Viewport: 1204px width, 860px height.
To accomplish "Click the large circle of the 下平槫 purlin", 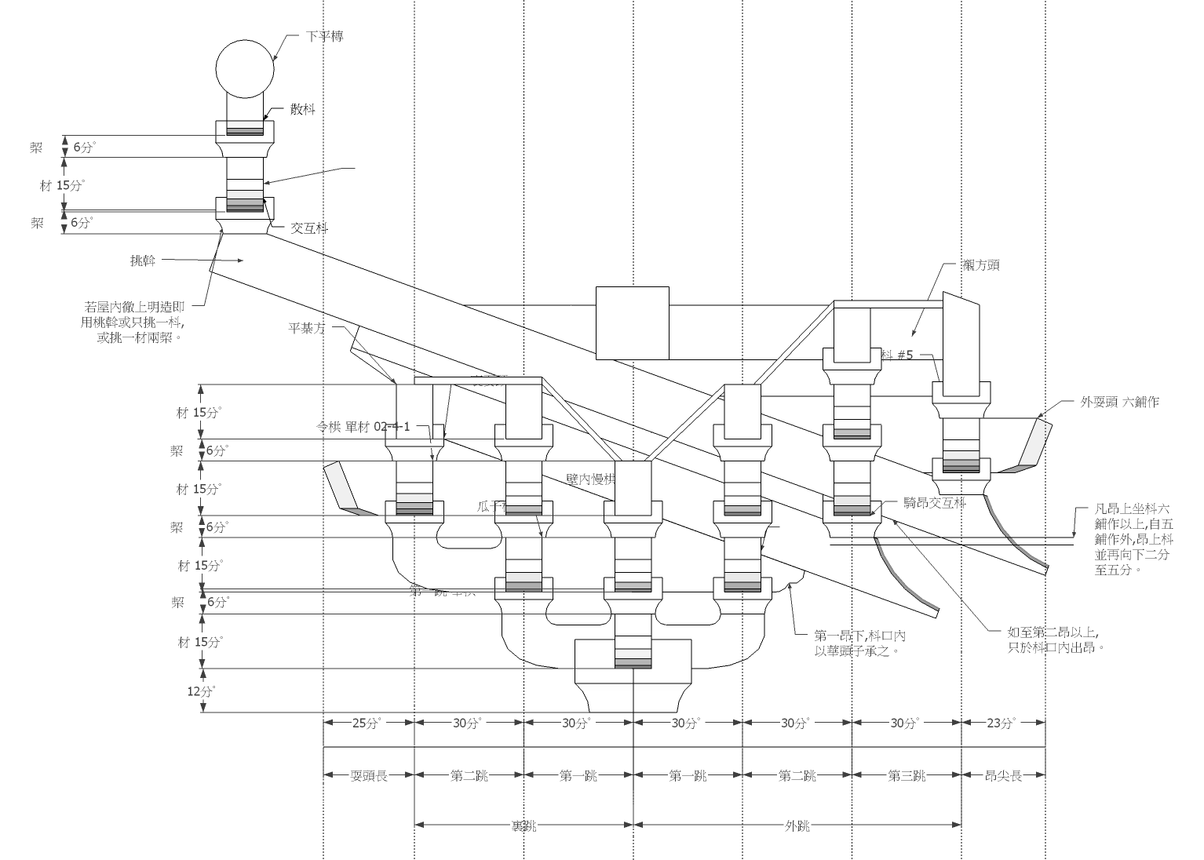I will [246, 67].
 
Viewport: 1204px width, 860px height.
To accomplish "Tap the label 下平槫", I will [324, 37].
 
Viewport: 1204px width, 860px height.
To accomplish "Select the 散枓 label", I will [303, 110].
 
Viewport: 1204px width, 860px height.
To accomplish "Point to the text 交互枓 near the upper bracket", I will [309, 228].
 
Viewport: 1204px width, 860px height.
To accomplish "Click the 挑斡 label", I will [143, 261].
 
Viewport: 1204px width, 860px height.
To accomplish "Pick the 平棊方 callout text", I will [307, 328].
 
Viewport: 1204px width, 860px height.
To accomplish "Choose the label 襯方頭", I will [981, 266].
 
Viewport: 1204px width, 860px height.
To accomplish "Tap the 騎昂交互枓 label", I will [934, 503].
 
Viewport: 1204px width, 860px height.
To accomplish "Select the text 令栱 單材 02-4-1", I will [363, 427].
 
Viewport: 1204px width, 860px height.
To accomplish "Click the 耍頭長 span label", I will [369, 775].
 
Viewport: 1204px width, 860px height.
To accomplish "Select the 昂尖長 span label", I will [1004, 775].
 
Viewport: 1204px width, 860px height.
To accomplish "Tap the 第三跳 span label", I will [907, 775].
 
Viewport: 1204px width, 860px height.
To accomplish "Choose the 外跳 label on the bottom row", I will [797, 825].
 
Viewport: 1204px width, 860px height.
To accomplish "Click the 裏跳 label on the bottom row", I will [523, 825].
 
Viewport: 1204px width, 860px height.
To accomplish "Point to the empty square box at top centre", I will [633, 322].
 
